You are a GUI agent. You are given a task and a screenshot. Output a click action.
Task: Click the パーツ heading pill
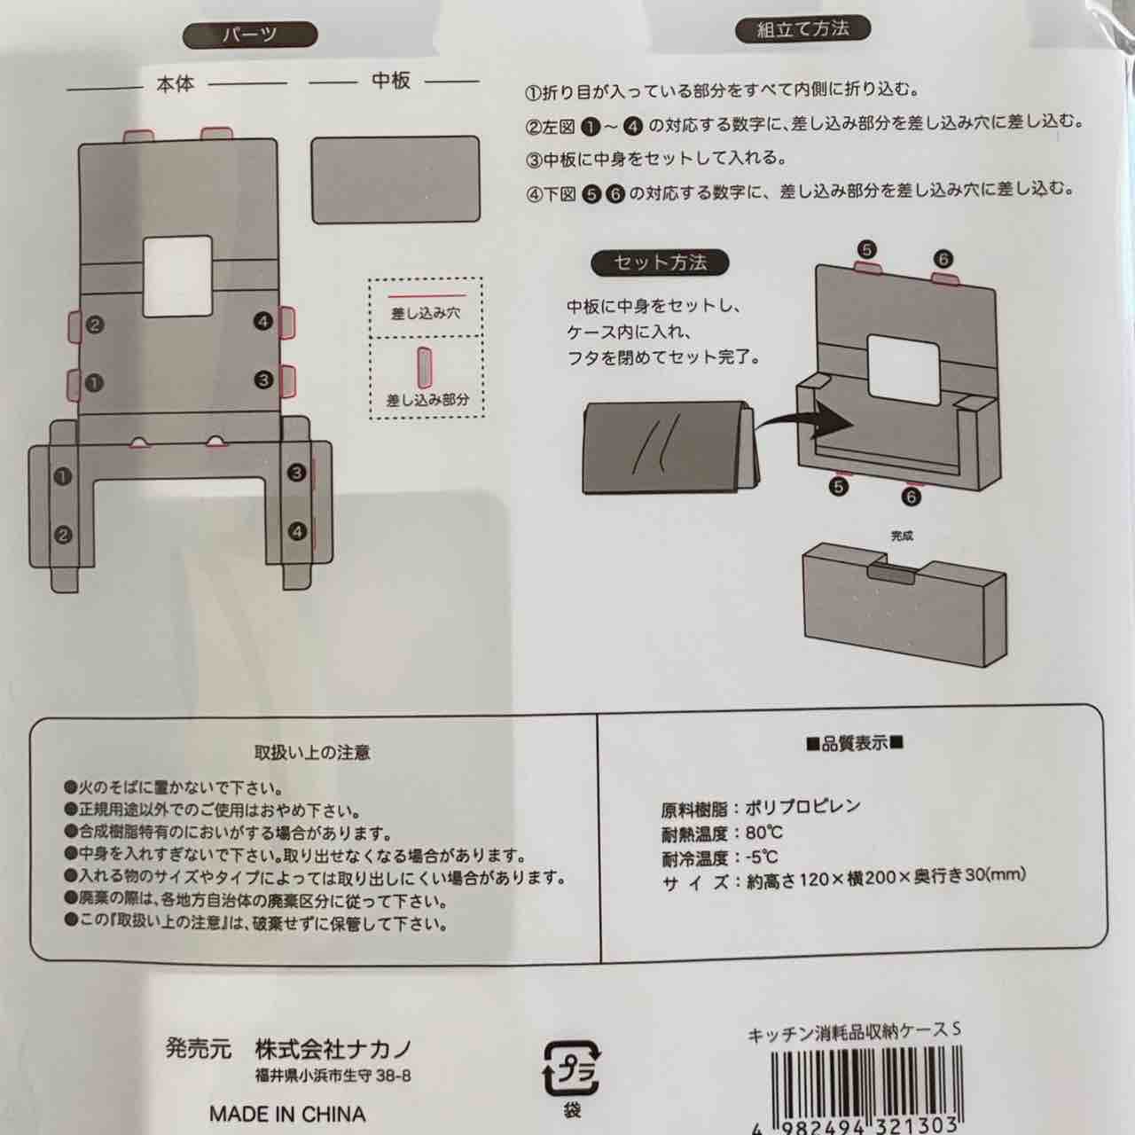click(250, 35)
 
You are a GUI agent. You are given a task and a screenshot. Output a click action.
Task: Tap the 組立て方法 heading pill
click(802, 29)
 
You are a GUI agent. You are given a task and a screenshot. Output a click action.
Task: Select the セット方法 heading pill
click(660, 262)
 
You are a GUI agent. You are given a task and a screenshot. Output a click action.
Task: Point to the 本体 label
click(175, 84)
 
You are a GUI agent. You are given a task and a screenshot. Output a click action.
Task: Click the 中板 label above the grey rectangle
click(390, 81)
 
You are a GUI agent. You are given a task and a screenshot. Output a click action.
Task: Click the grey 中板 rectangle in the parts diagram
click(395, 180)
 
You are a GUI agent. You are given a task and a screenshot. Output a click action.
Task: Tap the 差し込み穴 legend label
click(426, 313)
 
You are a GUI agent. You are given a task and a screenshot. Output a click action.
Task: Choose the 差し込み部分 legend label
click(427, 401)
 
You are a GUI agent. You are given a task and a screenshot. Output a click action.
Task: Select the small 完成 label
click(902, 536)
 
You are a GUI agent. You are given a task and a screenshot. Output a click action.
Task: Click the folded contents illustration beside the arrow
click(671, 448)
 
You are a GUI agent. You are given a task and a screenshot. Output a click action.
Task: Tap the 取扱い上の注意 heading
click(312, 753)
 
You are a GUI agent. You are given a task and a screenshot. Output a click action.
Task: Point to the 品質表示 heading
click(855, 744)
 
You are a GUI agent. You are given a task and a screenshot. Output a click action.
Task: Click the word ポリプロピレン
click(802, 807)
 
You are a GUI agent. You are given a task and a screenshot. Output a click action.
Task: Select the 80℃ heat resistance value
click(764, 833)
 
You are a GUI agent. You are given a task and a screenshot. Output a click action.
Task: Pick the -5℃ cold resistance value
click(763, 857)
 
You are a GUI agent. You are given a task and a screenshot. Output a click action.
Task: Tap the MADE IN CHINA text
click(287, 1114)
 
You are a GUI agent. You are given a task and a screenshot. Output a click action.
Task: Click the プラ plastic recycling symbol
click(570, 1068)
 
